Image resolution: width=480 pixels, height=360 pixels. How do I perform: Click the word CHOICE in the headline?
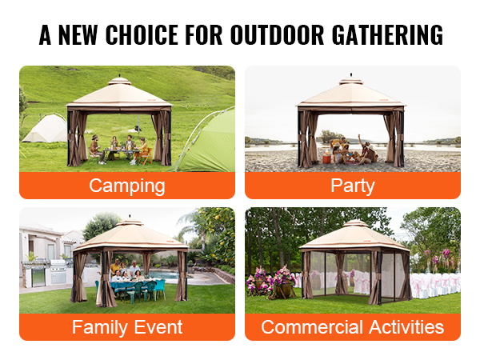(x=142, y=34)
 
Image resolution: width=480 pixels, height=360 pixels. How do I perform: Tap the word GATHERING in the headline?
(x=387, y=34)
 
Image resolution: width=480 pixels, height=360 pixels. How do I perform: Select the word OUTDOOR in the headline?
(x=277, y=34)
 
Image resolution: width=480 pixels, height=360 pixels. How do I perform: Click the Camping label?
(x=127, y=186)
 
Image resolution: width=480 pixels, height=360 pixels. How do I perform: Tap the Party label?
(x=353, y=186)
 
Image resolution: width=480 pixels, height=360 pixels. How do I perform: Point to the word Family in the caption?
(x=100, y=327)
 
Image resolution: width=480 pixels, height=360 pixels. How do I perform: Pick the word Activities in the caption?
(x=406, y=327)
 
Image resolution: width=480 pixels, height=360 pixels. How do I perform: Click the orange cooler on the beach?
(x=327, y=159)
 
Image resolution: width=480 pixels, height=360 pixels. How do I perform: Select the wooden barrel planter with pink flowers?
(x=284, y=290)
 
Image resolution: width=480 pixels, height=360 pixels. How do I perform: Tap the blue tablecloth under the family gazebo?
(x=133, y=287)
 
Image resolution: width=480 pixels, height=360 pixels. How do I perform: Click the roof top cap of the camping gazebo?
(x=119, y=81)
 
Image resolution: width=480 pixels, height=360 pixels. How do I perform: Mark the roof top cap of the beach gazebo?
(x=351, y=82)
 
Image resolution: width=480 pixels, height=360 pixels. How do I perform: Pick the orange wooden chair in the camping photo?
(x=146, y=155)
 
